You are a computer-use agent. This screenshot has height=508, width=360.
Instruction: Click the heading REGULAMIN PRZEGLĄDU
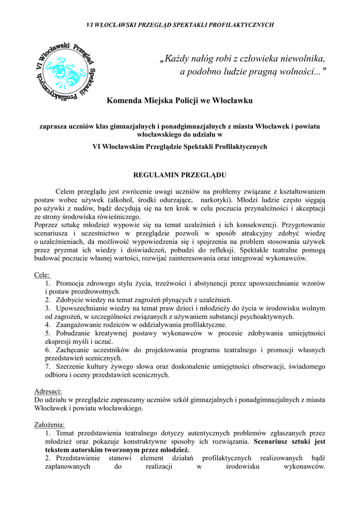pyautogui.click(x=180, y=176)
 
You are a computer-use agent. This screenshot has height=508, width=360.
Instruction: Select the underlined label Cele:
pyautogui.click(x=42, y=275)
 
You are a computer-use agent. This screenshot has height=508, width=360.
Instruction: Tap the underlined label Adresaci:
pyautogui.click(x=48, y=391)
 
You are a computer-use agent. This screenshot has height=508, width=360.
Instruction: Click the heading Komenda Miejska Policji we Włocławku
pyautogui.click(x=180, y=101)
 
